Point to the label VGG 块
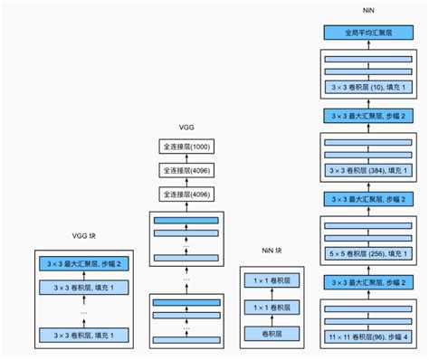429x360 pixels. click(86, 237)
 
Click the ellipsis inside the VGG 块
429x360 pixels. click(86, 312)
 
